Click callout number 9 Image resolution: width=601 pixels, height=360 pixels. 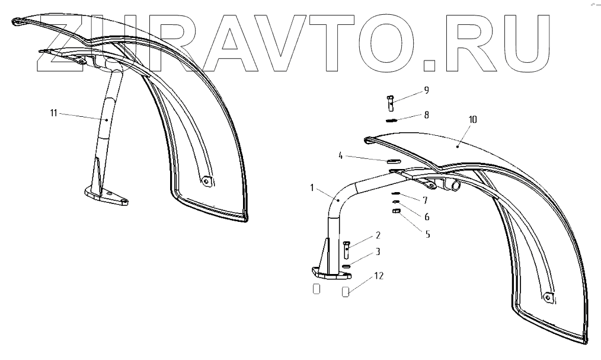tap(426, 91)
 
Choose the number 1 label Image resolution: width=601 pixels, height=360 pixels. tap(312, 188)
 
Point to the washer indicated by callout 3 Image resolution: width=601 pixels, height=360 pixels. tap(346, 266)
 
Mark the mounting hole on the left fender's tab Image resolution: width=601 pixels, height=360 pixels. tap(206, 180)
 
